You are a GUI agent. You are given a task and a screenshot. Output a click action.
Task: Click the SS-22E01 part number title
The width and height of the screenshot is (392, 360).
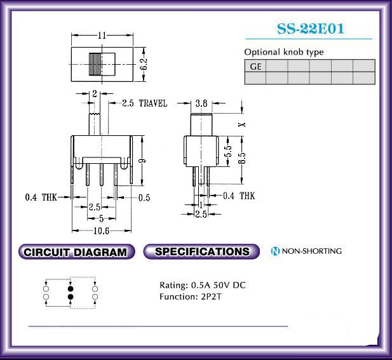pyautogui.click(x=311, y=29)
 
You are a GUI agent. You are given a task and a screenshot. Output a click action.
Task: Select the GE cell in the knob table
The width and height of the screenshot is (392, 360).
pyautogui.click(x=255, y=66)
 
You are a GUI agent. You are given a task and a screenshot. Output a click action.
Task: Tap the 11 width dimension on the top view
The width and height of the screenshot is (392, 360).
pyautogui.click(x=102, y=35)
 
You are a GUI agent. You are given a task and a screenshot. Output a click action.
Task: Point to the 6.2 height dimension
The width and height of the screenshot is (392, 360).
pyautogui.click(x=144, y=65)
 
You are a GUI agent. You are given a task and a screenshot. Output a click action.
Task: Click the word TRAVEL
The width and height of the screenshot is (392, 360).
pyautogui.click(x=153, y=103)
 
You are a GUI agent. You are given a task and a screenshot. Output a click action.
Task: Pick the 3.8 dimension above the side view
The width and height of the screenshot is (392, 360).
pyautogui.click(x=201, y=103)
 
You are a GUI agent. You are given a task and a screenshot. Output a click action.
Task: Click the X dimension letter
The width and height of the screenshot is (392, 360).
pyautogui.click(x=242, y=124)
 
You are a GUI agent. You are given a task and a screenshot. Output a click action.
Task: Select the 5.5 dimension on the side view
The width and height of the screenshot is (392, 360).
pyautogui.click(x=228, y=150)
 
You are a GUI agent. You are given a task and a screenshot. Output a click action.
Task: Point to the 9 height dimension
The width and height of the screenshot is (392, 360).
pyautogui.click(x=142, y=161)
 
